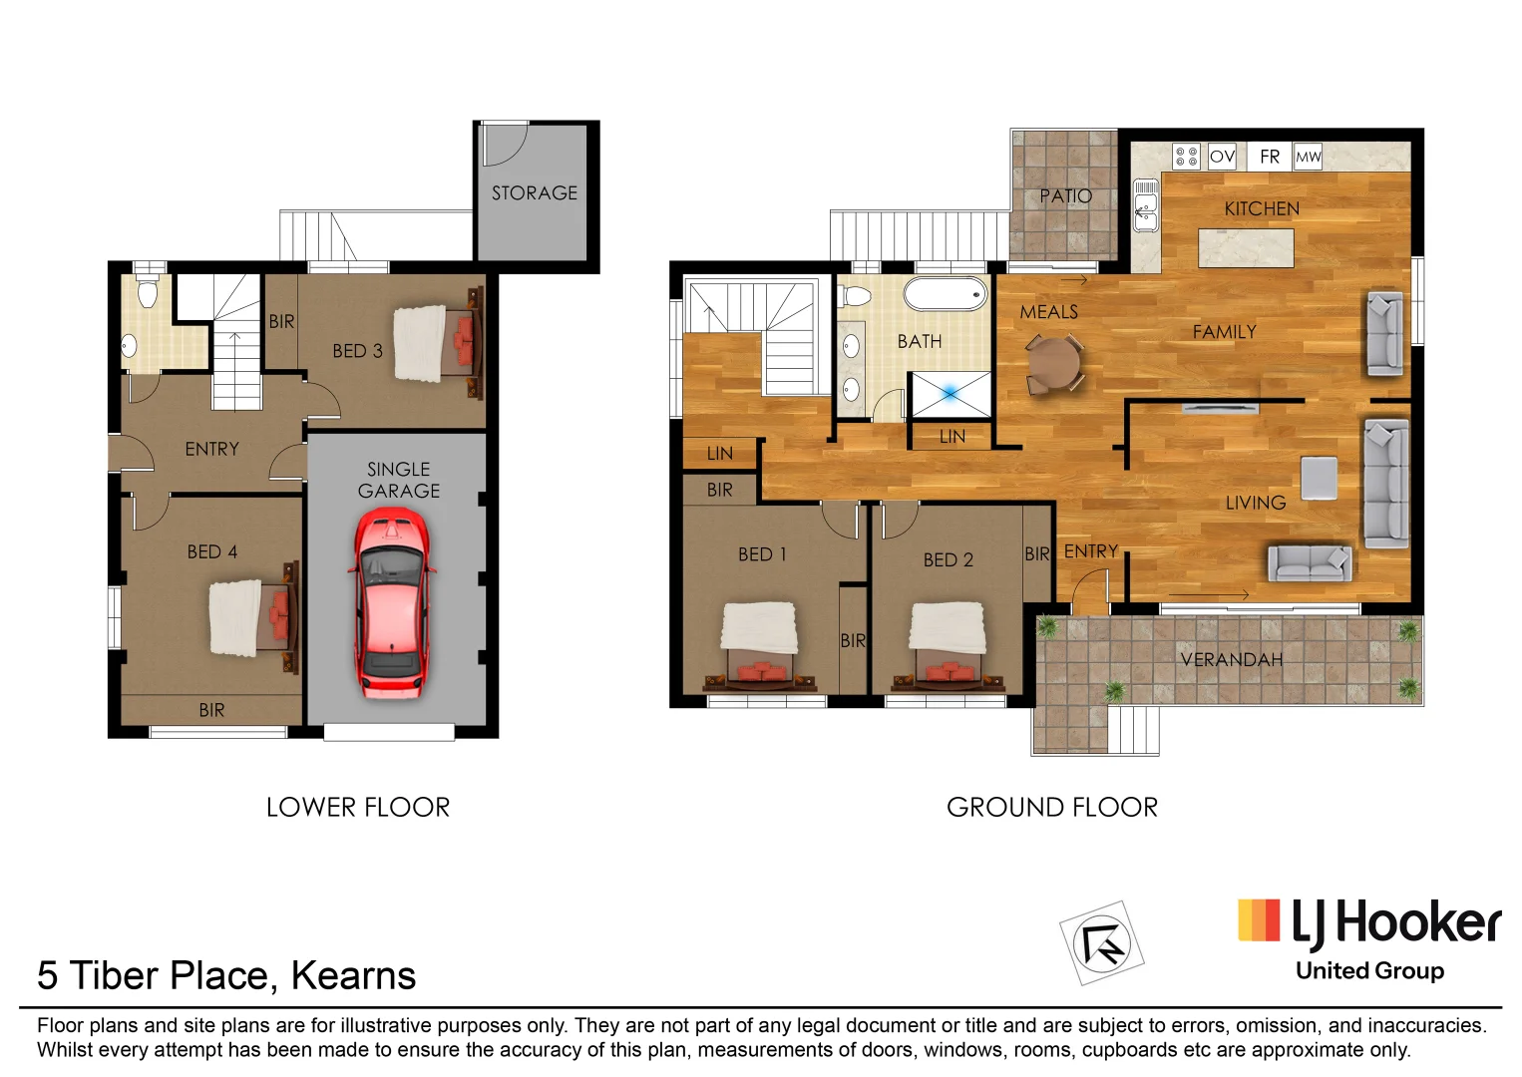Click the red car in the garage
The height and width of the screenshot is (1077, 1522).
coord(391,602)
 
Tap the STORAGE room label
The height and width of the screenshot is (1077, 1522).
coord(534,193)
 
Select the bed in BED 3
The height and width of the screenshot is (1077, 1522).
coord(437,343)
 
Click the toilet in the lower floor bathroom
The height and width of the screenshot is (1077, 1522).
coord(148,292)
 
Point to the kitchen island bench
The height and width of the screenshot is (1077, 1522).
coord(1246,247)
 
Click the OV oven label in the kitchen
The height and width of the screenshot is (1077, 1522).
coord(1222,157)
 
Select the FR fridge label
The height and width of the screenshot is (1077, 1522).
coord(1269,157)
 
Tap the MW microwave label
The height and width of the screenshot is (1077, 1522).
coord(1308,157)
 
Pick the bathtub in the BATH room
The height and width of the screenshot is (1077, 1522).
coord(945,294)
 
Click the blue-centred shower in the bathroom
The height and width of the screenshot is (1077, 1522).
coord(950,394)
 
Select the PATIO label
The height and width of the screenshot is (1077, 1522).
coord(1065,196)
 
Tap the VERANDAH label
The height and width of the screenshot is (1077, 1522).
coord(1231,659)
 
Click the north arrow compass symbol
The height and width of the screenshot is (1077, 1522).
coord(1101,942)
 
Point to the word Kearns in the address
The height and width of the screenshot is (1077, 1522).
coord(353,975)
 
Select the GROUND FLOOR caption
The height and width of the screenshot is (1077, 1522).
coord(1051,807)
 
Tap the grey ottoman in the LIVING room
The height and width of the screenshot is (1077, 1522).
coord(1319,477)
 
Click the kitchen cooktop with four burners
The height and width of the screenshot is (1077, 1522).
coord(1186,157)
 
